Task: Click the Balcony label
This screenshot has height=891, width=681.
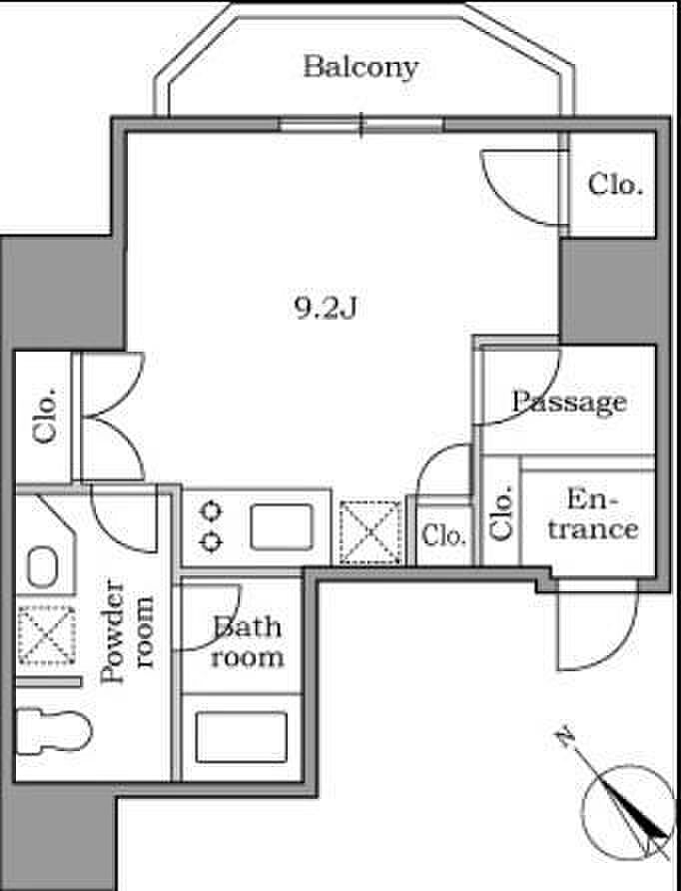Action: [x=360, y=67]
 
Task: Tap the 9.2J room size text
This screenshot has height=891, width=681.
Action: [x=326, y=308]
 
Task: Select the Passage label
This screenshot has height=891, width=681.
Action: [x=569, y=403]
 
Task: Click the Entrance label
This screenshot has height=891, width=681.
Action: [x=593, y=514]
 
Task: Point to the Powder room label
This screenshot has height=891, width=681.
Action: [x=127, y=630]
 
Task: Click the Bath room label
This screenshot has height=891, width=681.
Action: [x=247, y=642]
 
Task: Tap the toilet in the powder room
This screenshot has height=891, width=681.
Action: [x=53, y=730]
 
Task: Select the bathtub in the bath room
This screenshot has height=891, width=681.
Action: [x=242, y=737]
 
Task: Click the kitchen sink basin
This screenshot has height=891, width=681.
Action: [x=282, y=527]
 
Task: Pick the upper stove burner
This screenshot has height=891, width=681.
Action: [x=211, y=511]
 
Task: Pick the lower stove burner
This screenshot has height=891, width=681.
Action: [x=211, y=542]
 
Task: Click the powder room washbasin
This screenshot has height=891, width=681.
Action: [x=43, y=567]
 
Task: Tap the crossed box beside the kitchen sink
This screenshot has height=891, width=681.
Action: [x=370, y=531]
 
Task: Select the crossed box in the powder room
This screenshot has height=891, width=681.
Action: [x=47, y=634]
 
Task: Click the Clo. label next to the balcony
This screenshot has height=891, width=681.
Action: [x=615, y=184]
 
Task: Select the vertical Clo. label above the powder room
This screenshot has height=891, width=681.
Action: [x=45, y=416]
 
